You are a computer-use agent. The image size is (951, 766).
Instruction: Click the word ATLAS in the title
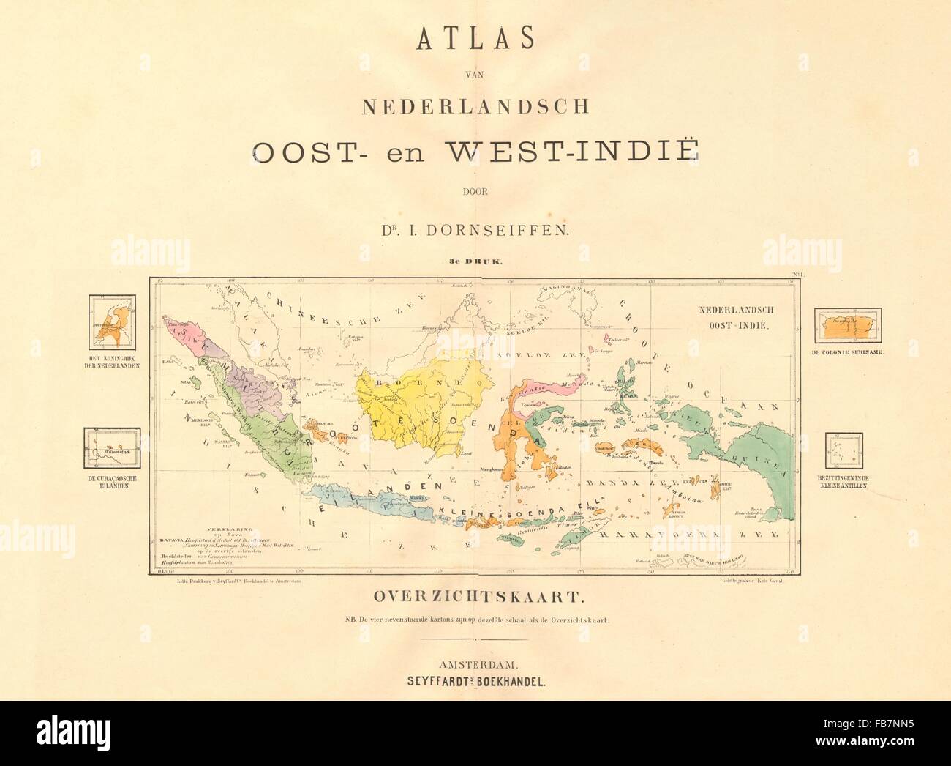coord(475,40)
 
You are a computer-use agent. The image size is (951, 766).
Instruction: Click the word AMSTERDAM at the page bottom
coord(475,665)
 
